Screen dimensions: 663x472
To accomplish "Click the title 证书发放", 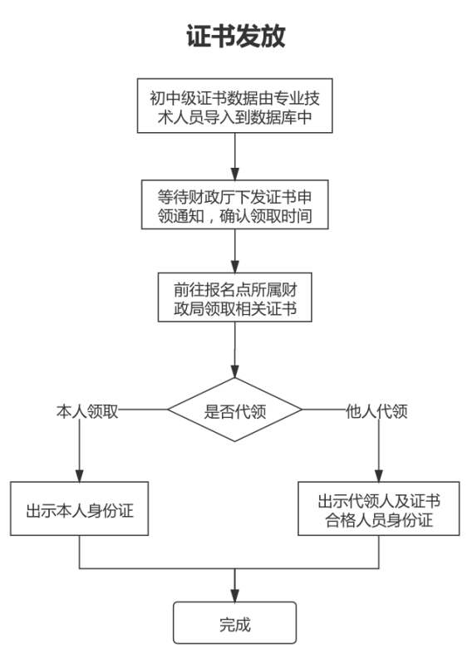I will point(235,37).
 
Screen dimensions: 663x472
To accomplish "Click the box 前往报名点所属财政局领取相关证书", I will point(235,297).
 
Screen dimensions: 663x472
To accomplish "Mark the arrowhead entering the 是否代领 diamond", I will point(235,374).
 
